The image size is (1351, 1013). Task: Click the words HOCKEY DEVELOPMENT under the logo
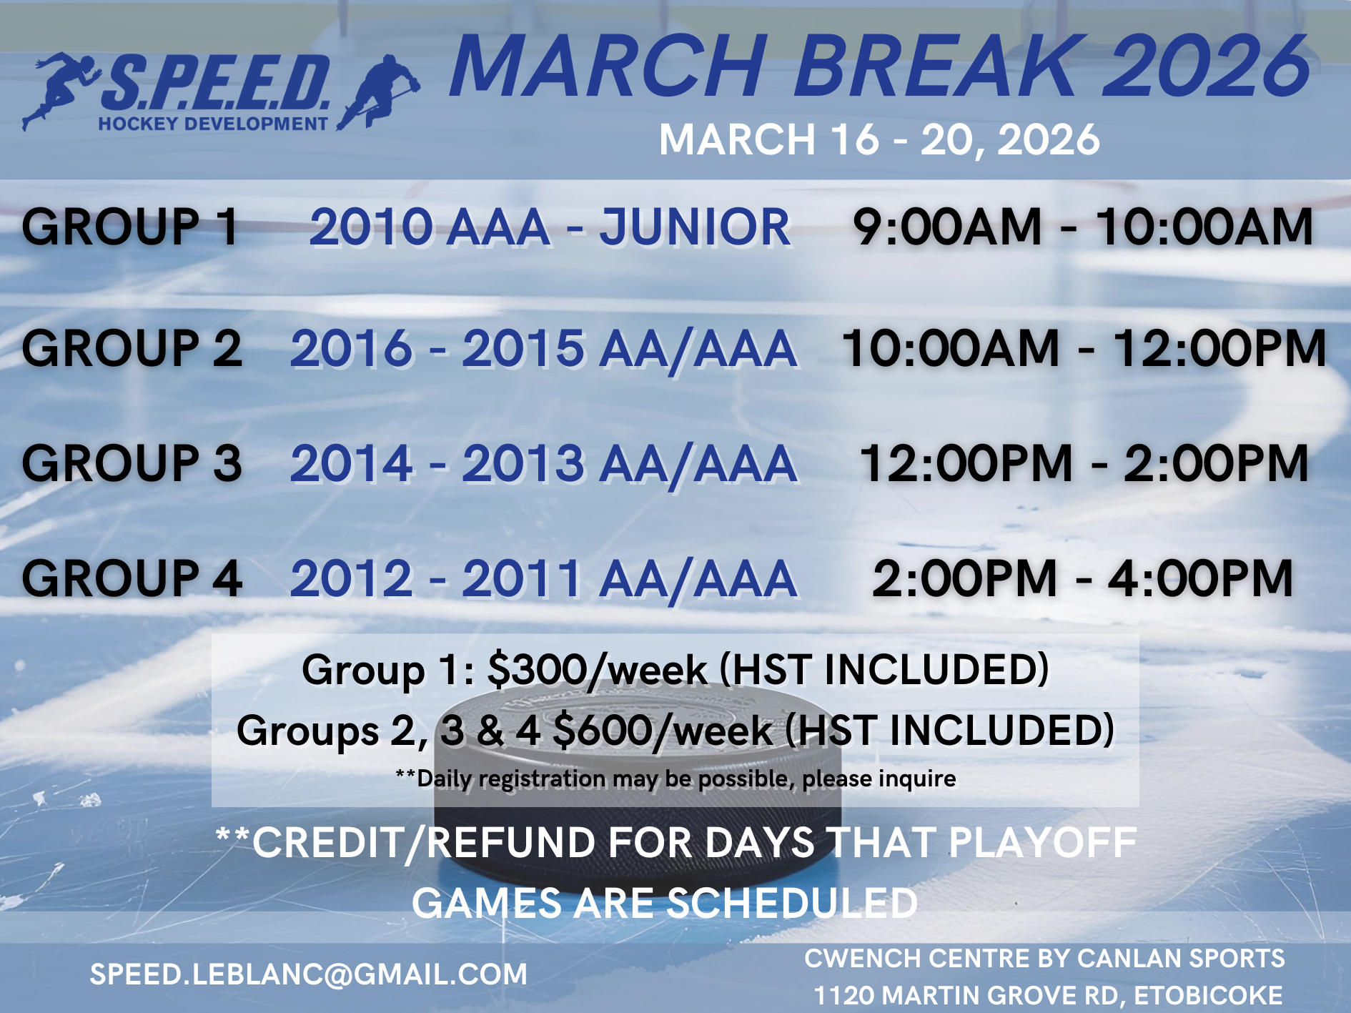coord(213,124)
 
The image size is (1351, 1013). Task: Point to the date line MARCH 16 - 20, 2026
coord(879,139)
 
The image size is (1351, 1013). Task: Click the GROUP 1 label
coord(130,227)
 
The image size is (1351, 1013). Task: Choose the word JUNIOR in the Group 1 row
coord(695,227)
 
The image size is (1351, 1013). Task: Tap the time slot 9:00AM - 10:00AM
coord(1083,227)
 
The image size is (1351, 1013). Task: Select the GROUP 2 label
coord(132,349)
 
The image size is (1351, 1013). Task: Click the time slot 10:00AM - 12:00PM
coord(1084,349)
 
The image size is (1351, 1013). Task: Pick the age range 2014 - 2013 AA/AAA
coord(543,465)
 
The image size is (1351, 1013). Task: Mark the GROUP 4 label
coord(132,578)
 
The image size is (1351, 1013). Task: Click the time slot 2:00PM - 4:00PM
coord(1083,578)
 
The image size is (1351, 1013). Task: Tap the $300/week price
coord(598,671)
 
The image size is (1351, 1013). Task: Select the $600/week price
coord(663,731)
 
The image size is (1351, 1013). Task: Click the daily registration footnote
coord(675,779)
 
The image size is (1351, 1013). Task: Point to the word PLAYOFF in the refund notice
coord(1042,843)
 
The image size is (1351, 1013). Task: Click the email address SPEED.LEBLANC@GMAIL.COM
coord(308,974)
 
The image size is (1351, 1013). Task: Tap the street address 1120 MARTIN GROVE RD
coord(969,995)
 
